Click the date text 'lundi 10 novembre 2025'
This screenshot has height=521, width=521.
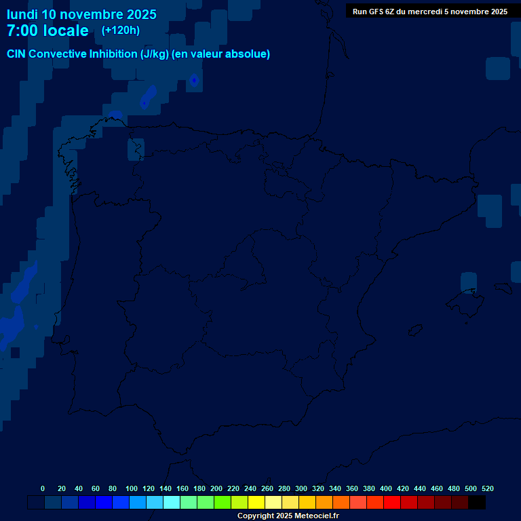(81, 14)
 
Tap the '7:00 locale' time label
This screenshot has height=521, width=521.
(47, 31)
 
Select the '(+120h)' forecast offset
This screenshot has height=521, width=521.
(121, 30)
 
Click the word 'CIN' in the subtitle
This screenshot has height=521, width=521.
(16, 54)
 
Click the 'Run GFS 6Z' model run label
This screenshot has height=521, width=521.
(377, 12)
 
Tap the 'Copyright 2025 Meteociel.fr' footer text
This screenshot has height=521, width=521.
(288, 516)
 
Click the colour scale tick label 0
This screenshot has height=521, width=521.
(43, 488)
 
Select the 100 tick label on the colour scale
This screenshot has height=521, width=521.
(132, 488)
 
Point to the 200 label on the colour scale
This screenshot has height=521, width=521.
(216, 488)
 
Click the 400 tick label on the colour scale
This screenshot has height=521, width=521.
(386, 488)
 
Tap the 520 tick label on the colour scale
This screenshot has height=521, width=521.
(488, 488)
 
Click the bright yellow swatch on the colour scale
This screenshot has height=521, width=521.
(256, 503)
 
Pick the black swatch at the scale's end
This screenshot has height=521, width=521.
(477, 503)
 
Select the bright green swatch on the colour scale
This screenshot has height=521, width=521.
(223, 503)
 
